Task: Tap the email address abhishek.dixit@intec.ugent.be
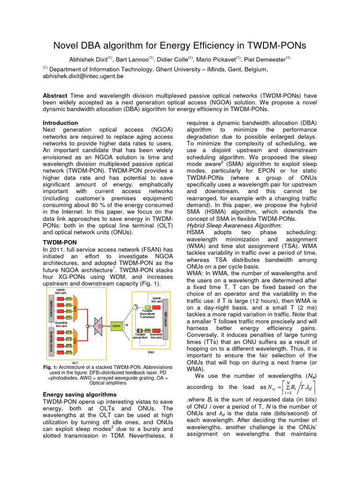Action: coord(83,75)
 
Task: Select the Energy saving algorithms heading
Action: coord(78,394)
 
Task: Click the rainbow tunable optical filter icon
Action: coord(140,330)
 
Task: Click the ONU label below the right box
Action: coord(151,351)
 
